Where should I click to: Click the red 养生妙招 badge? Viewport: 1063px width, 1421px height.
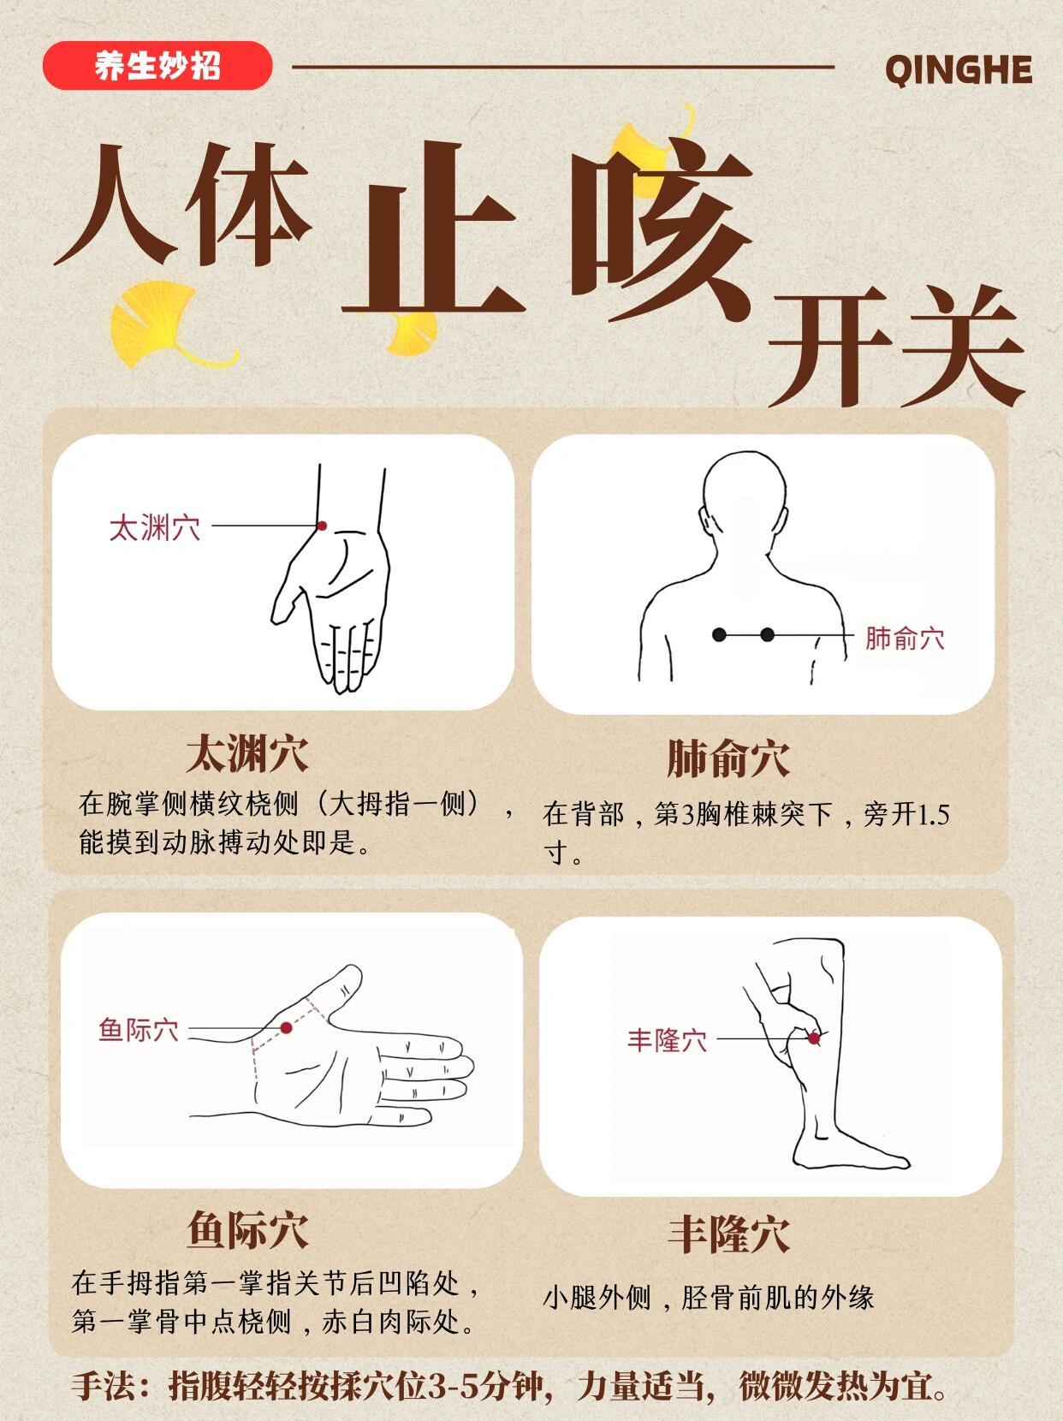pos(157,66)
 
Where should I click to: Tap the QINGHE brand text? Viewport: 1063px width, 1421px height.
pos(958,69)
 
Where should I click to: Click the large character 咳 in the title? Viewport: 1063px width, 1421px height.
pos(662,231)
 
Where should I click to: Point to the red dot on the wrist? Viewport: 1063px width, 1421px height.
pos(322,526)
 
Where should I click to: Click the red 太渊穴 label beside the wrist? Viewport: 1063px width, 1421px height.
pos(154,527)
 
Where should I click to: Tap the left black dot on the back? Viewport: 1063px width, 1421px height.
pos(720,634)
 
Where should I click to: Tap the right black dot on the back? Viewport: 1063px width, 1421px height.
pos(768,634)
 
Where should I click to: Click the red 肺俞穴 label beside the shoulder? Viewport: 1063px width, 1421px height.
pos(904,638)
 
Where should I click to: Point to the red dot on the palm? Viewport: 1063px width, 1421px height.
pos(287,1027)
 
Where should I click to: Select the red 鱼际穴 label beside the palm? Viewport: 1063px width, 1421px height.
pos(139,1029)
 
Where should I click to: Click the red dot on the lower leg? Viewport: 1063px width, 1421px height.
pos(814,1038)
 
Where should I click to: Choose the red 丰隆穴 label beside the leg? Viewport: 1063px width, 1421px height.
pos(667,1040)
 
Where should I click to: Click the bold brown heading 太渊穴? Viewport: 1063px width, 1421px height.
pos(247,753)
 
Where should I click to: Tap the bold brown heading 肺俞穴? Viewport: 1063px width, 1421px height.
pos(727,758)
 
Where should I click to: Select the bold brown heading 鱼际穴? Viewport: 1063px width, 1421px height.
pos(247,1229)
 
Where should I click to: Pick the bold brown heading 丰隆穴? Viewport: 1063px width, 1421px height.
pos(727,1234)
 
